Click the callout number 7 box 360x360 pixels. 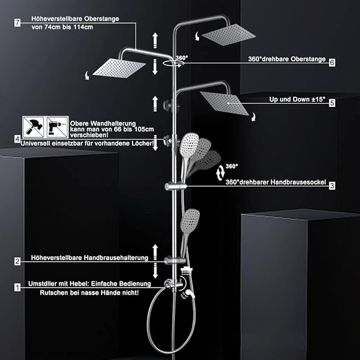tap(17, 23)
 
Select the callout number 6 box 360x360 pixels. tap(332, 63)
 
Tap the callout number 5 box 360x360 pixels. tap(332, 103)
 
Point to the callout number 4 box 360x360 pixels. tap(17, 139)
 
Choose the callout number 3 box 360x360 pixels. tap(332, 186)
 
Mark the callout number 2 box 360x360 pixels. tap(17, 261)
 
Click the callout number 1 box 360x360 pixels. tap(17, 287)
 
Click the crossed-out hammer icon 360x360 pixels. tap(33, 127)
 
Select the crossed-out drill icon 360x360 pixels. tap(57, 127)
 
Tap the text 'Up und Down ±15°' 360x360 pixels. tap(297, 100)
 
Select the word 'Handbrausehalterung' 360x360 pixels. tap(116, 258)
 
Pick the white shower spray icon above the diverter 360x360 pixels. tap(187, 271)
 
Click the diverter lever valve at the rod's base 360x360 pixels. tap(174, 285)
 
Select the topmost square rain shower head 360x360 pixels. tap(229, 34)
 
